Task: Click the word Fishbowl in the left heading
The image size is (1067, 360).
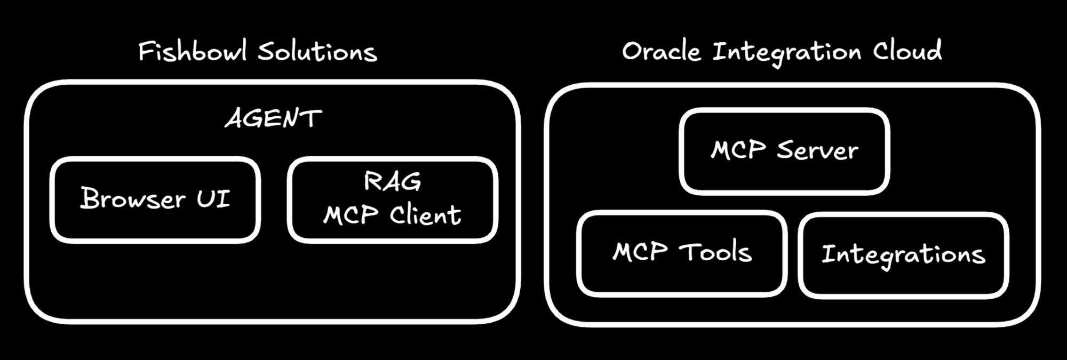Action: (x=193, y=52)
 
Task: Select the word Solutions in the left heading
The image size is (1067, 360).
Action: (x=317, y=52)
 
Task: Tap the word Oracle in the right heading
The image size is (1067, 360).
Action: (x=661, y=52)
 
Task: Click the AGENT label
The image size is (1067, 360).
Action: (x=273, y=118)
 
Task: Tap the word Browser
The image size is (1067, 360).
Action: (x=133, y=199)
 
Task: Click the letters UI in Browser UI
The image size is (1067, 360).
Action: (x=213, y=199)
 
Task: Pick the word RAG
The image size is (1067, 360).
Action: (x=392, y=182)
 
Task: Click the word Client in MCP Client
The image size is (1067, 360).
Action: (x=425, y=215)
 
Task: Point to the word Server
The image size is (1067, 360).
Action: (x=817, y=150)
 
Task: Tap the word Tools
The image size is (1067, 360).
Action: (x=715, y=252)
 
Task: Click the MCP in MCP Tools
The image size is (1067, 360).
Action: (x=640, y=252)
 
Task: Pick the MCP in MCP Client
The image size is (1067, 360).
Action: (x=351, y=215)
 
